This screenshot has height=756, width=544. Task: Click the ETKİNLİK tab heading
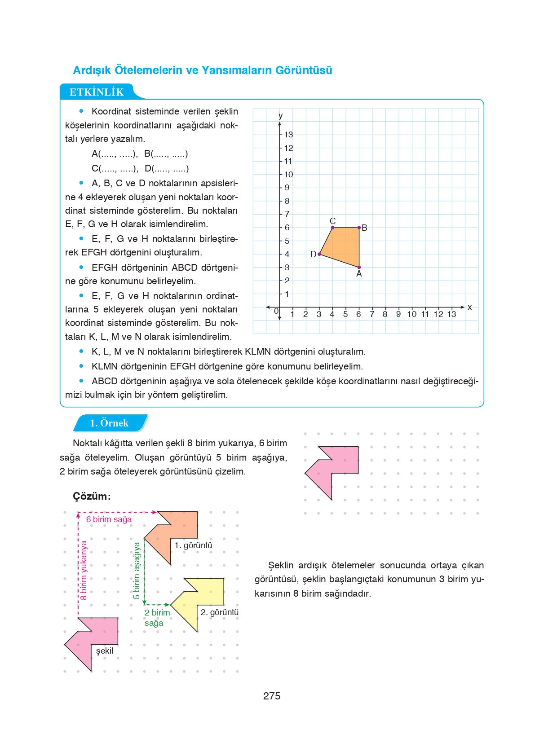pos(97,92)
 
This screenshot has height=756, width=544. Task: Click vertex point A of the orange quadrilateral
pos(359,267)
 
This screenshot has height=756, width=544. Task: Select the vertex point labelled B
pos(359,228)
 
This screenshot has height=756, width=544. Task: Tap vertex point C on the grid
pos(332,228)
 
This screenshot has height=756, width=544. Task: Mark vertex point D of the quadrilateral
pos(319,254)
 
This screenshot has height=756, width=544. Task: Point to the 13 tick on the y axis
pos(288,135)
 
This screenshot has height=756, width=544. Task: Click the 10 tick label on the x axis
pos(411,314)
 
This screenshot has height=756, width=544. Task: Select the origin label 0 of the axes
pos(276,311)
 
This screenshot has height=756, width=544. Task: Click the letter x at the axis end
pos(469,307)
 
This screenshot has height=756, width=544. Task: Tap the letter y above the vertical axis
pos(280,116)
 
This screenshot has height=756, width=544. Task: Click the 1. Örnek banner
pos(109,423)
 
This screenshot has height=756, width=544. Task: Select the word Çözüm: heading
pos(92,496)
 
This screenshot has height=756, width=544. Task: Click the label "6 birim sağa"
pos(109,519)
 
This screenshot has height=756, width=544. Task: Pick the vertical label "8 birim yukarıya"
pos(84,570)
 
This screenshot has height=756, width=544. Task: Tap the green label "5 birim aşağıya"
pos(137,570)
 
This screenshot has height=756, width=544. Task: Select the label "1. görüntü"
pos(193,545)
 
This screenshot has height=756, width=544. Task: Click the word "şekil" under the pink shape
pos(105,651)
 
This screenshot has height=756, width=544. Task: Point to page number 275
pos(272,696)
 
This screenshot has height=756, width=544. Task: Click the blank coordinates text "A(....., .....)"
pos(115,154)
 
